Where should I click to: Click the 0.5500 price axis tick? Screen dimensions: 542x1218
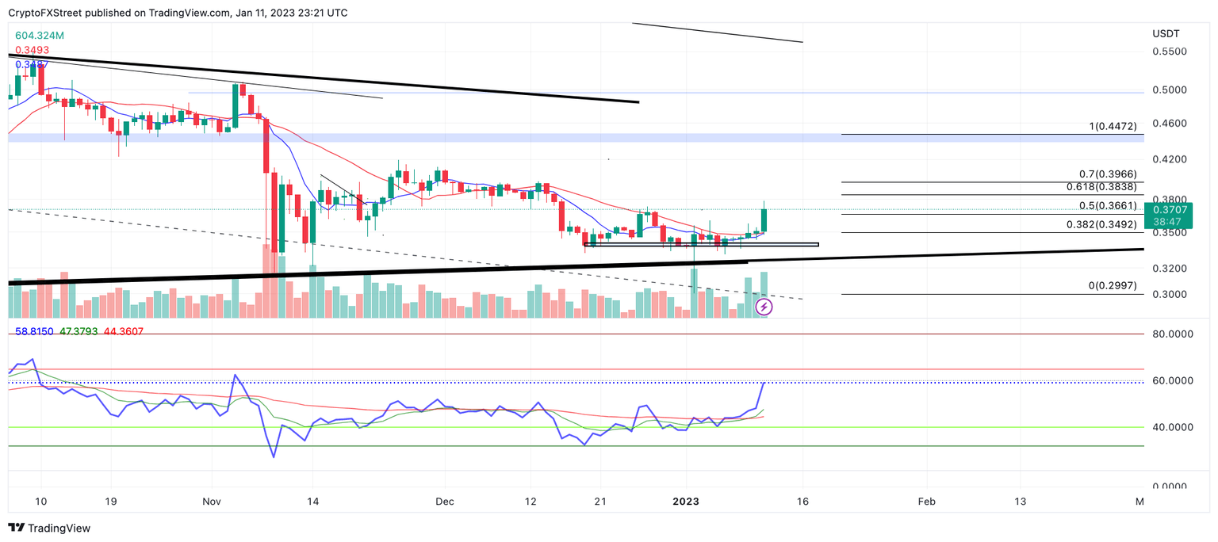(1170, 52)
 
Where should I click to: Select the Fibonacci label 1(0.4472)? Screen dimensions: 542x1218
(1112, 127)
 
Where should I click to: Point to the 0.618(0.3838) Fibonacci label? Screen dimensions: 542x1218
(1101, 187)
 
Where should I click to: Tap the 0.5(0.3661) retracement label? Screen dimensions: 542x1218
(1108, 206)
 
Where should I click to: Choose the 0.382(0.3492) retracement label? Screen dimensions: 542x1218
(1101, 224)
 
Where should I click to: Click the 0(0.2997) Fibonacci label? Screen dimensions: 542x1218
(1112, 285)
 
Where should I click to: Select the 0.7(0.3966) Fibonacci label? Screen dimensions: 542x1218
(1108, 174)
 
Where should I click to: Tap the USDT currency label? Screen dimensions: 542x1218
(1165, 34)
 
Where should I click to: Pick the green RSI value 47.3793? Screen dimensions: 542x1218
(79, 331)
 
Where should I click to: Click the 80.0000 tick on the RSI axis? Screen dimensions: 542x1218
(1173, 335)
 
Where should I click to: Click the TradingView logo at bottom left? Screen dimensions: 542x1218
(49, 528)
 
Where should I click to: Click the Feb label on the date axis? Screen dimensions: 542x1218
(925, 502)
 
